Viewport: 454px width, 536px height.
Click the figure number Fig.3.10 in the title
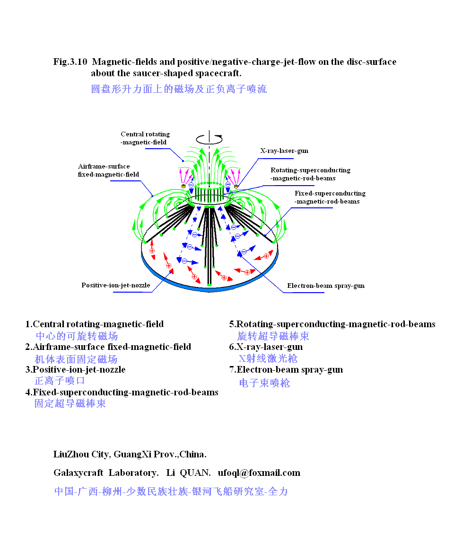[x=70, y=62]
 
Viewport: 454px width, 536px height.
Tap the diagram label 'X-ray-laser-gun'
[x=284, y=151]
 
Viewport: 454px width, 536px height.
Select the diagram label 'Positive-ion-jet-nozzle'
[x=116, y=285]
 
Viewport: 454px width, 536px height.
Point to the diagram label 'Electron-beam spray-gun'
[x=326, y=286]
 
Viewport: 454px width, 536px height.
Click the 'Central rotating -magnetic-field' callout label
[x=145, y=138]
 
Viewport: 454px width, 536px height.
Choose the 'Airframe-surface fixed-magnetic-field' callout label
[x=108, y=170]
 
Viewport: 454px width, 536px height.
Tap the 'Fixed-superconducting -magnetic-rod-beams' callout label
[x=330, y=197]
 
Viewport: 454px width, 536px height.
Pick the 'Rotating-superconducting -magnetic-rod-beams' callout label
[x=310, y=174]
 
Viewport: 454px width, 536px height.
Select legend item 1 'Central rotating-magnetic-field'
[x=95, y=324]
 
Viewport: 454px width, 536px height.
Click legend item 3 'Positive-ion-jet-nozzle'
[x=76, y=369]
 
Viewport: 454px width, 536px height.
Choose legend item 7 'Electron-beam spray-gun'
[x=286, y=370]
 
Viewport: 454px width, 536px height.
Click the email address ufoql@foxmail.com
[x=259, y=473]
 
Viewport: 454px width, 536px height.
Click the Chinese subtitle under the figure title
[x=179, y=89]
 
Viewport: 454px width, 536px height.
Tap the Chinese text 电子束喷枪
[x=264, y=383]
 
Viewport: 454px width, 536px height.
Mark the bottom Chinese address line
[x=171, y=491]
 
